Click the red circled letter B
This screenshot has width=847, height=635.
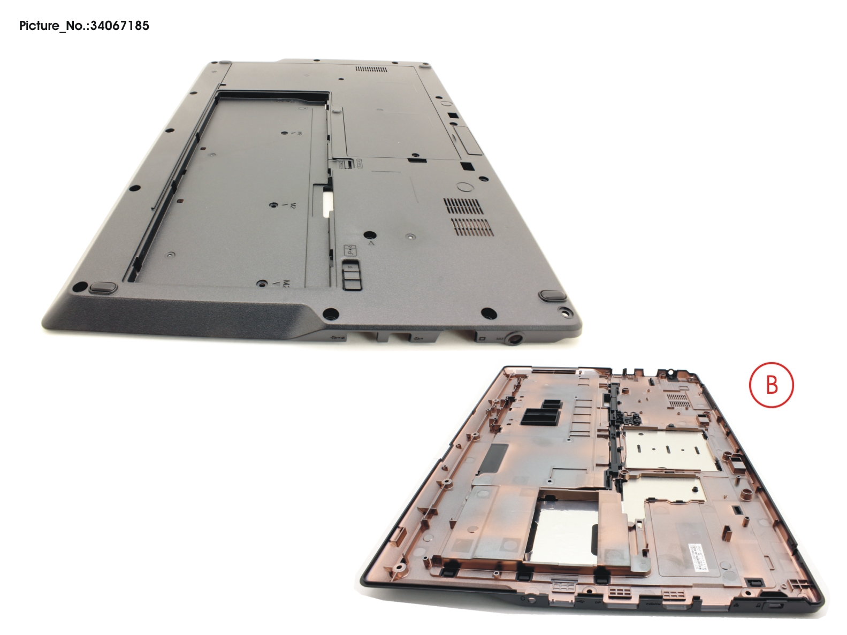point(771,384)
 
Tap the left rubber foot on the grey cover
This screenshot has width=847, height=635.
point(103,288)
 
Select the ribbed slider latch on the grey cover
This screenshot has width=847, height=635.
point(352,276)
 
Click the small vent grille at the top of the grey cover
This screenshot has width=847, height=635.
point(370,70)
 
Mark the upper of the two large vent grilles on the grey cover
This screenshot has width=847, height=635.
point(462,205)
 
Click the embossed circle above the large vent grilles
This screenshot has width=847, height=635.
point(464,187)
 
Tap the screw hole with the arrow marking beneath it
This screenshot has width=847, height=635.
point(369,234)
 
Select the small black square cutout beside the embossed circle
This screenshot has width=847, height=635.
point(468,166)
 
